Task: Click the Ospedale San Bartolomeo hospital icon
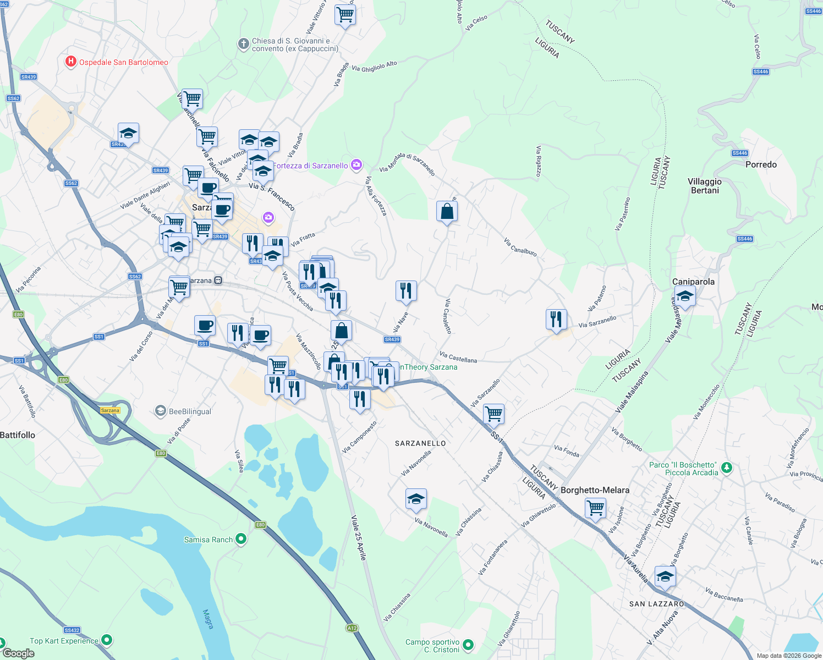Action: (x=70, y=62)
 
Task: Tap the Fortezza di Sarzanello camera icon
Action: (x=356, y=165)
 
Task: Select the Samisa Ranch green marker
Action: (x=241, y=540)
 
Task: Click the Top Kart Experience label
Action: (x=64, y=641)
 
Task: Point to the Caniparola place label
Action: (x=693, y=282)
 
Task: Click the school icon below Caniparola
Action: (x=685, y=297)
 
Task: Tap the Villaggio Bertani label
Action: (x=704, y=186)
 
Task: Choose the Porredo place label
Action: (x=761, y=164)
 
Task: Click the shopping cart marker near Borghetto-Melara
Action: (x=595, y=508)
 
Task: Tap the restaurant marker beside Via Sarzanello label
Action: (x=556, y=320)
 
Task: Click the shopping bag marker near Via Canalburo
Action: (x=447, y=211)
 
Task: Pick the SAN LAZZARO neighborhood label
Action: (x=656, y=604)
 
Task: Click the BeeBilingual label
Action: (x=190, y=411)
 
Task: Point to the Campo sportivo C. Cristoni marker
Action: (x=468, y=645)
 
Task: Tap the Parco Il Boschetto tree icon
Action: (x=727, y=468)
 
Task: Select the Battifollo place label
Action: (x=18, y=435)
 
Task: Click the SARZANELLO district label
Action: (x=420, y=443)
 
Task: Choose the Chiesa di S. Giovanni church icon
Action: (x=243, y=44)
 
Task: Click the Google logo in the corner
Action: (x=18, y=653)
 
